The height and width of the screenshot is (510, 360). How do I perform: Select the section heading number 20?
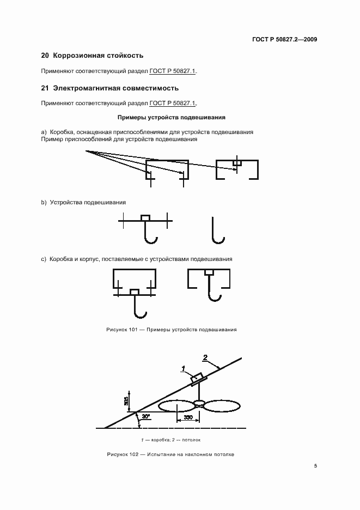click(45, 56)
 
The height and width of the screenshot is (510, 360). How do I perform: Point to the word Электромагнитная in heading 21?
click(83, 88)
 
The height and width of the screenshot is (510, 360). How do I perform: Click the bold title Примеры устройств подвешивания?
click(172, 117)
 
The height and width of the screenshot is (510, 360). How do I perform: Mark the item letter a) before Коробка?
click(44, 132)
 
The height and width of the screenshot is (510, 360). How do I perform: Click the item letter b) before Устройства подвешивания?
click(44, 202)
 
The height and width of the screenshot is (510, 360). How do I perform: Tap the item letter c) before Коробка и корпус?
click(44, 259)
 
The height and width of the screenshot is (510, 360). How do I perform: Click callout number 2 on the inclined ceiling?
click(205, 358)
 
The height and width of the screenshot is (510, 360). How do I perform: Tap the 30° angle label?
click(145, 416)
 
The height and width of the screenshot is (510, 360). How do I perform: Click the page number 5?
click(316, 466)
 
